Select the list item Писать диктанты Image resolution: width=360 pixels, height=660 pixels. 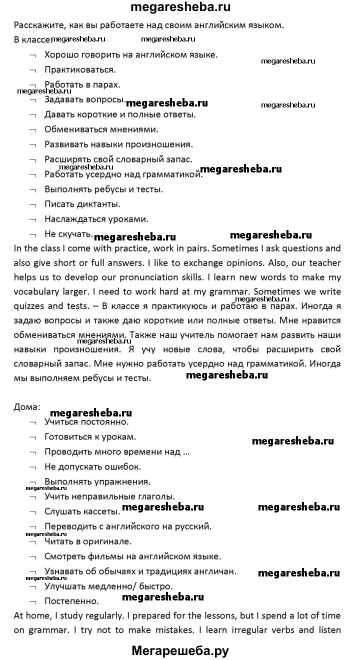tap(82, 204)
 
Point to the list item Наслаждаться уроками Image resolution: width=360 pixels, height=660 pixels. tap(96, 219)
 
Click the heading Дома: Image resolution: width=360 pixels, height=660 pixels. tap(26, 406)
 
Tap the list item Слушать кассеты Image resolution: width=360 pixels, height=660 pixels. tap(82, 511)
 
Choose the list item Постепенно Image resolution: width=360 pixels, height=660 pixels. tap(71, 601)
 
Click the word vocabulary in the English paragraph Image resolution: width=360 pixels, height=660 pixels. tap(37, 292)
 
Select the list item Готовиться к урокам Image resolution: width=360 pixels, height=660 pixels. tap(90, 436)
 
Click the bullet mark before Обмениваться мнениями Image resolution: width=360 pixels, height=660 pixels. tap(32, 130)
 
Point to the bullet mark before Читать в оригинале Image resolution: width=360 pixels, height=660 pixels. tap(32, 541)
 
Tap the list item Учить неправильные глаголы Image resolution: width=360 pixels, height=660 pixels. tap(109, 496)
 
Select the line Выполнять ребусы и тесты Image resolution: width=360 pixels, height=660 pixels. tap(103, 189)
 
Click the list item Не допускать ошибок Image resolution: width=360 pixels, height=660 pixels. tap(92, 466)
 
